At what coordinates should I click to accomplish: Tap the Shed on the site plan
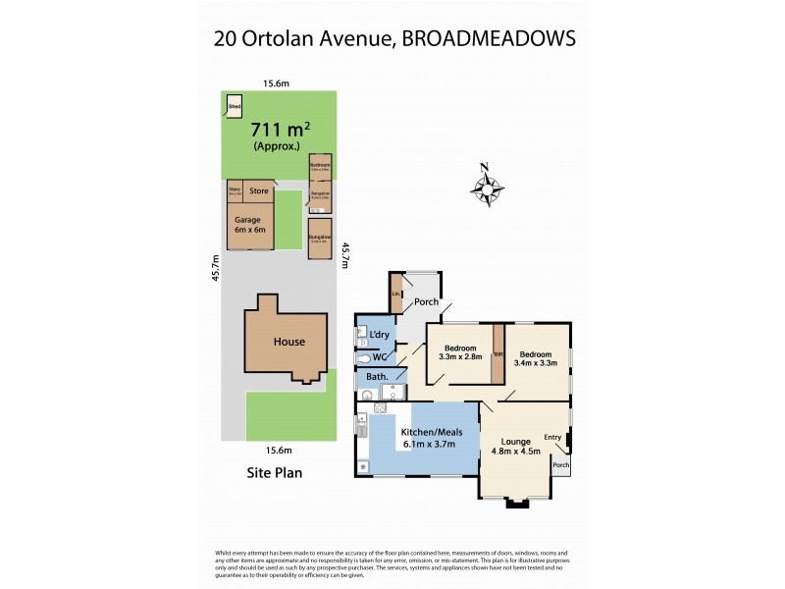[235, 106]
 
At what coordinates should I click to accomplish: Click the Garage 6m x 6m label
[249, 225]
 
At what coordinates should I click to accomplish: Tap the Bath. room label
[378, 377]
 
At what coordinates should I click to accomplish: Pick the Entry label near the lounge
[553, 438]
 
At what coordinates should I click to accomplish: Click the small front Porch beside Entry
[561, 465]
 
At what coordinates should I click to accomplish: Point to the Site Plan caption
[273, 472]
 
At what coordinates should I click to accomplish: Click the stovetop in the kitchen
[380, 406]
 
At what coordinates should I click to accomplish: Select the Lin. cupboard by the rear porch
[395, 295]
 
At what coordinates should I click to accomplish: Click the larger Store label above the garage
[259, 190]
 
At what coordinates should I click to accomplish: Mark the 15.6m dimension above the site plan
[276, 83]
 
